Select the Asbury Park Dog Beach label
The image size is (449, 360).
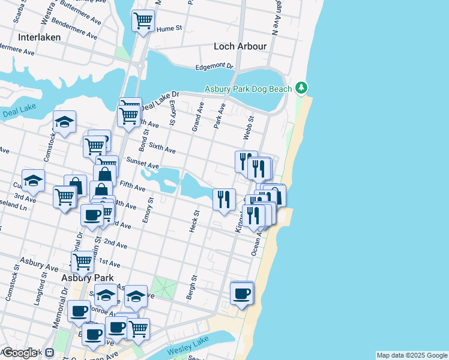(x=248, y=89)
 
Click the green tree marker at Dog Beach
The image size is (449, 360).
(x=302, y=88)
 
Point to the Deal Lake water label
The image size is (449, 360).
(x=20, y=111)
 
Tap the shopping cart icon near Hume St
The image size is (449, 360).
(x=143, y=21)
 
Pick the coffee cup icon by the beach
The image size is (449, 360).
(x=242, y=293)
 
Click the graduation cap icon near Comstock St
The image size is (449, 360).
(x=64, y=122)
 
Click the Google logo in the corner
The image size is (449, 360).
(x=20, y=353)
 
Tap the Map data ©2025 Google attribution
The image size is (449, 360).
(x=412, y=355)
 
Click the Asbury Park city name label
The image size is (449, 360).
(x=88, y=278)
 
